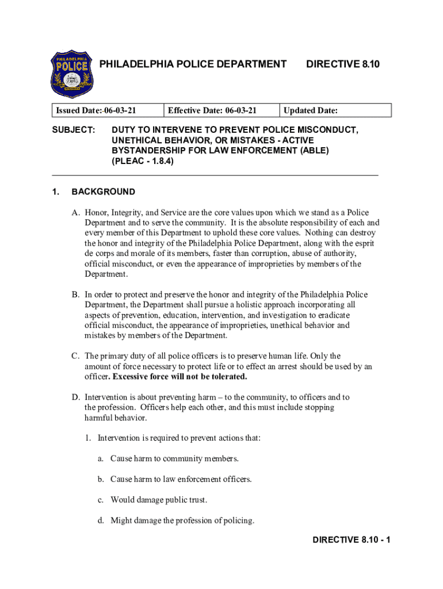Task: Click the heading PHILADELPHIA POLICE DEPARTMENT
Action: coord(193,64)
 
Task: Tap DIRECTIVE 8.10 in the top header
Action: coord(343,64)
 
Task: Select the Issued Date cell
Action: coord(107,110)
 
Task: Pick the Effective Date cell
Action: coord(221,110)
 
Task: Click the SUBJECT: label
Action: coord(74,130)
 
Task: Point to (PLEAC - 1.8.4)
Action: coord(143,162)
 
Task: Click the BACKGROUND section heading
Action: coord(104,192)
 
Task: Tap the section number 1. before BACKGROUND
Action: coord(56,192)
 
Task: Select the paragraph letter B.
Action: coord(75,294)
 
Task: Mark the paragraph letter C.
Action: coord(75,356)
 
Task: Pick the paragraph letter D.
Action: coord(75,397)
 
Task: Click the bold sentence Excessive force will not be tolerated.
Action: coord(180,377)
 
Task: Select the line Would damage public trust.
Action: coord(159,500)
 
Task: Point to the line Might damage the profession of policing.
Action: coord(182,521)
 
